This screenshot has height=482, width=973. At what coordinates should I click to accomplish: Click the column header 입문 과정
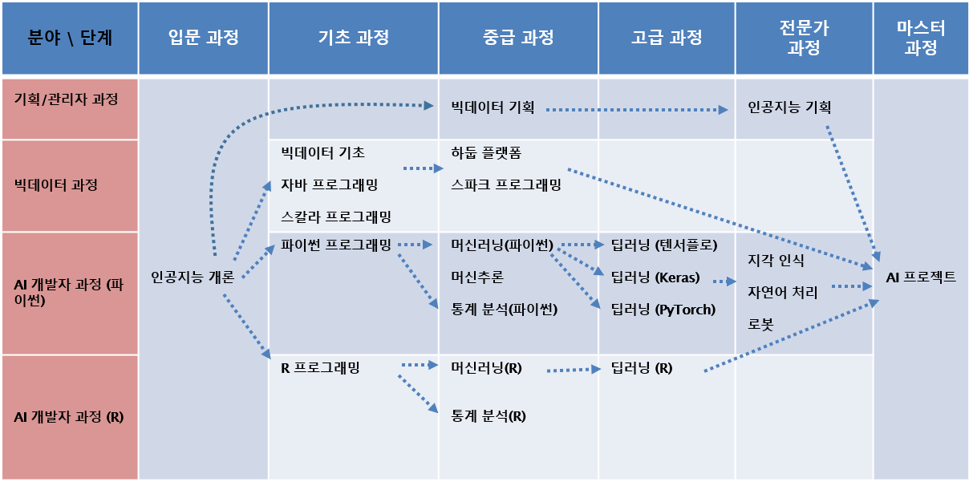[204, 38]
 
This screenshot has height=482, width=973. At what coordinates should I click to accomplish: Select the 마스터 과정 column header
[921, 38]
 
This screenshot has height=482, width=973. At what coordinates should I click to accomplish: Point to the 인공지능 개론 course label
[193, 277]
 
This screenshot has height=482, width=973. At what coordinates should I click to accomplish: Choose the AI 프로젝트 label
[921, 277]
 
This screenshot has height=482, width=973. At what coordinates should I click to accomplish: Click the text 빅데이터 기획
[493, 107]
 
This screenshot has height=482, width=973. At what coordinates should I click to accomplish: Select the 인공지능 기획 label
[789, 107]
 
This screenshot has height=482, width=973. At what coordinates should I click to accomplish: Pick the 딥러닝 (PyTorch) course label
[663, 309]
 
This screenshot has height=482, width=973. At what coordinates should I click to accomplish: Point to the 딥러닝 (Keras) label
[655, 278]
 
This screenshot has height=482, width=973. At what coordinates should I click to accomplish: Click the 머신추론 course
[477, 277]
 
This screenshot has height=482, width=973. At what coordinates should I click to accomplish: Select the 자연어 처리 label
[782, 293]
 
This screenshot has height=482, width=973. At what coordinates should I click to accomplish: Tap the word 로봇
[760, 325]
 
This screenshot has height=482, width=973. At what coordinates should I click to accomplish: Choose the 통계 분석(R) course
[489, 416]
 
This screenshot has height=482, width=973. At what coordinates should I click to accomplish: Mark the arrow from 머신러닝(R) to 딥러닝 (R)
[573, 370]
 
